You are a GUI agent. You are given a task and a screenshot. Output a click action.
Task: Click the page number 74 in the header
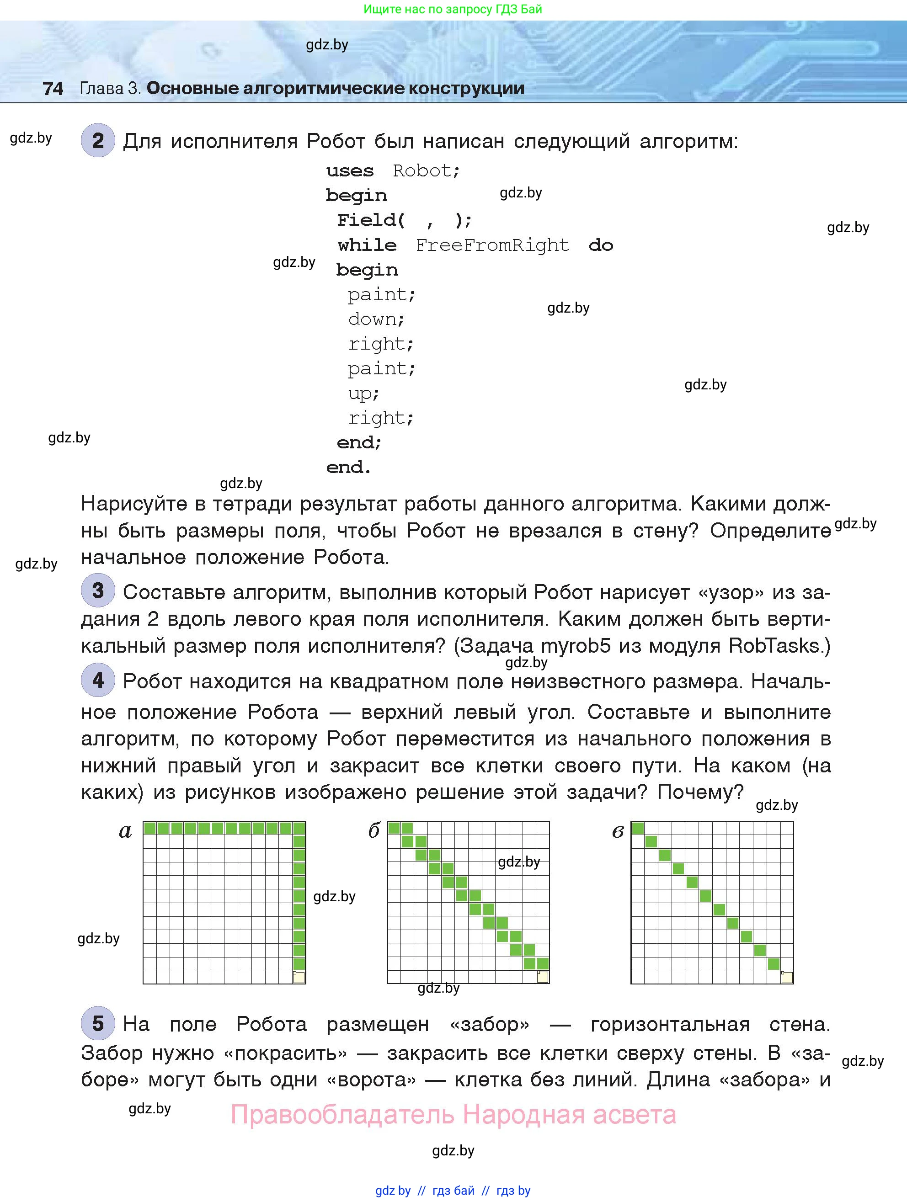[x=53, y=89]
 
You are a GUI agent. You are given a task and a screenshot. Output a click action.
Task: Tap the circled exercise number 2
[x=98, y=141]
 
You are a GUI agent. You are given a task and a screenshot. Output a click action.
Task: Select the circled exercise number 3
[x=98, y=590]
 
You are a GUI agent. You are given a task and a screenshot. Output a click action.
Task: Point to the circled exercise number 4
[x=98, y=681]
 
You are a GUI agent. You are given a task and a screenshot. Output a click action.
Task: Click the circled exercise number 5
[x=98, y=1023]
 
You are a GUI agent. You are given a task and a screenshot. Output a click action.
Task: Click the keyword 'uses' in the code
[x=350, y=171]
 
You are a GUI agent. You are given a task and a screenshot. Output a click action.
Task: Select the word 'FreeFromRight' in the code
[x=492, y=245]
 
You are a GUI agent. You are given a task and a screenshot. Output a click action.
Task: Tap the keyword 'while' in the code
[x=367, y=245]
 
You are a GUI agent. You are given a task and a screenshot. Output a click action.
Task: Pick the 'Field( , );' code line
[x=404, y=220]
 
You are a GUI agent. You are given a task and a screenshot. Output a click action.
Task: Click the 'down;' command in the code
[x=376, y=319]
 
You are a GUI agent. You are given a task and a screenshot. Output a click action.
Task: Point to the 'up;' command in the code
[x=363, y=394]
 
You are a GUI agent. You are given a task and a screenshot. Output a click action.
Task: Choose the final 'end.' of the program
[x=348, y=468]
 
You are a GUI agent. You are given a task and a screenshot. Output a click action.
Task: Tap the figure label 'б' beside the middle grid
[x=374, y=831]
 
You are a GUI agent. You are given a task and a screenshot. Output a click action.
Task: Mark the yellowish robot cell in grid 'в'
[x=787, y=978]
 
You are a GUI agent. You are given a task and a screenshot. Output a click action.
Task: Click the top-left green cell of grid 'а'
[x=150, y=828]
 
